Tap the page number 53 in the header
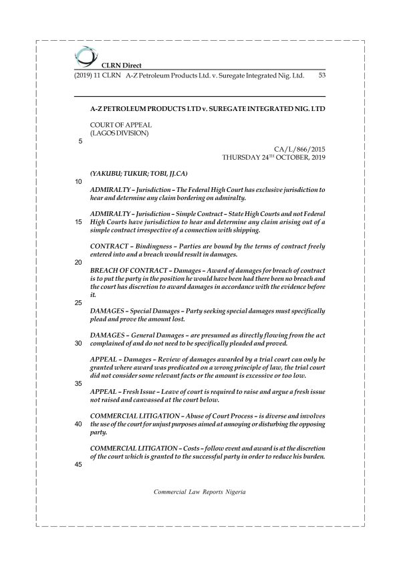point(321,76)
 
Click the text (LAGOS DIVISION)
point(119,133)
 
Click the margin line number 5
point(81,142)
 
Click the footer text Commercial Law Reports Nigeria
point(200,491)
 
